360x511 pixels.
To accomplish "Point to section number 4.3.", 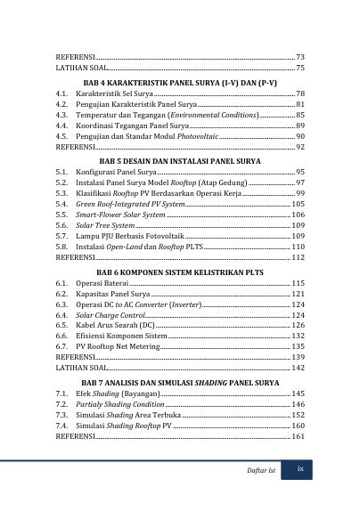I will click(62, 116).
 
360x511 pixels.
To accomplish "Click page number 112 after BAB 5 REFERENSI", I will click(299, 258).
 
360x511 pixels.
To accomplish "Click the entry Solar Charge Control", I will click(110, 315).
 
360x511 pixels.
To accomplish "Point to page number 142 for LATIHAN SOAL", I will click(299, 367).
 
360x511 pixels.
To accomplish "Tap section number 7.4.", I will click(62, 426).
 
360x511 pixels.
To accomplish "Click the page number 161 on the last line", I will click(299, 437).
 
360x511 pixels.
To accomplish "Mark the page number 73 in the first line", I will click(300, 56).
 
